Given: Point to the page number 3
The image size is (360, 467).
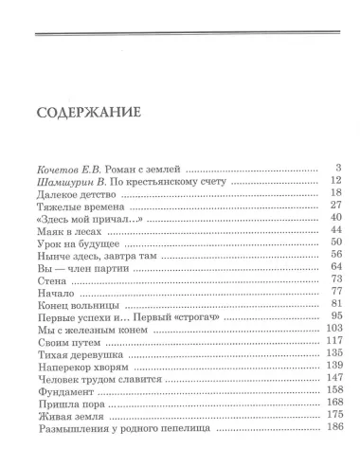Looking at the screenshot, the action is [336, 167].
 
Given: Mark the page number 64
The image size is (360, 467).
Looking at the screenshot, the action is [333, 267].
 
